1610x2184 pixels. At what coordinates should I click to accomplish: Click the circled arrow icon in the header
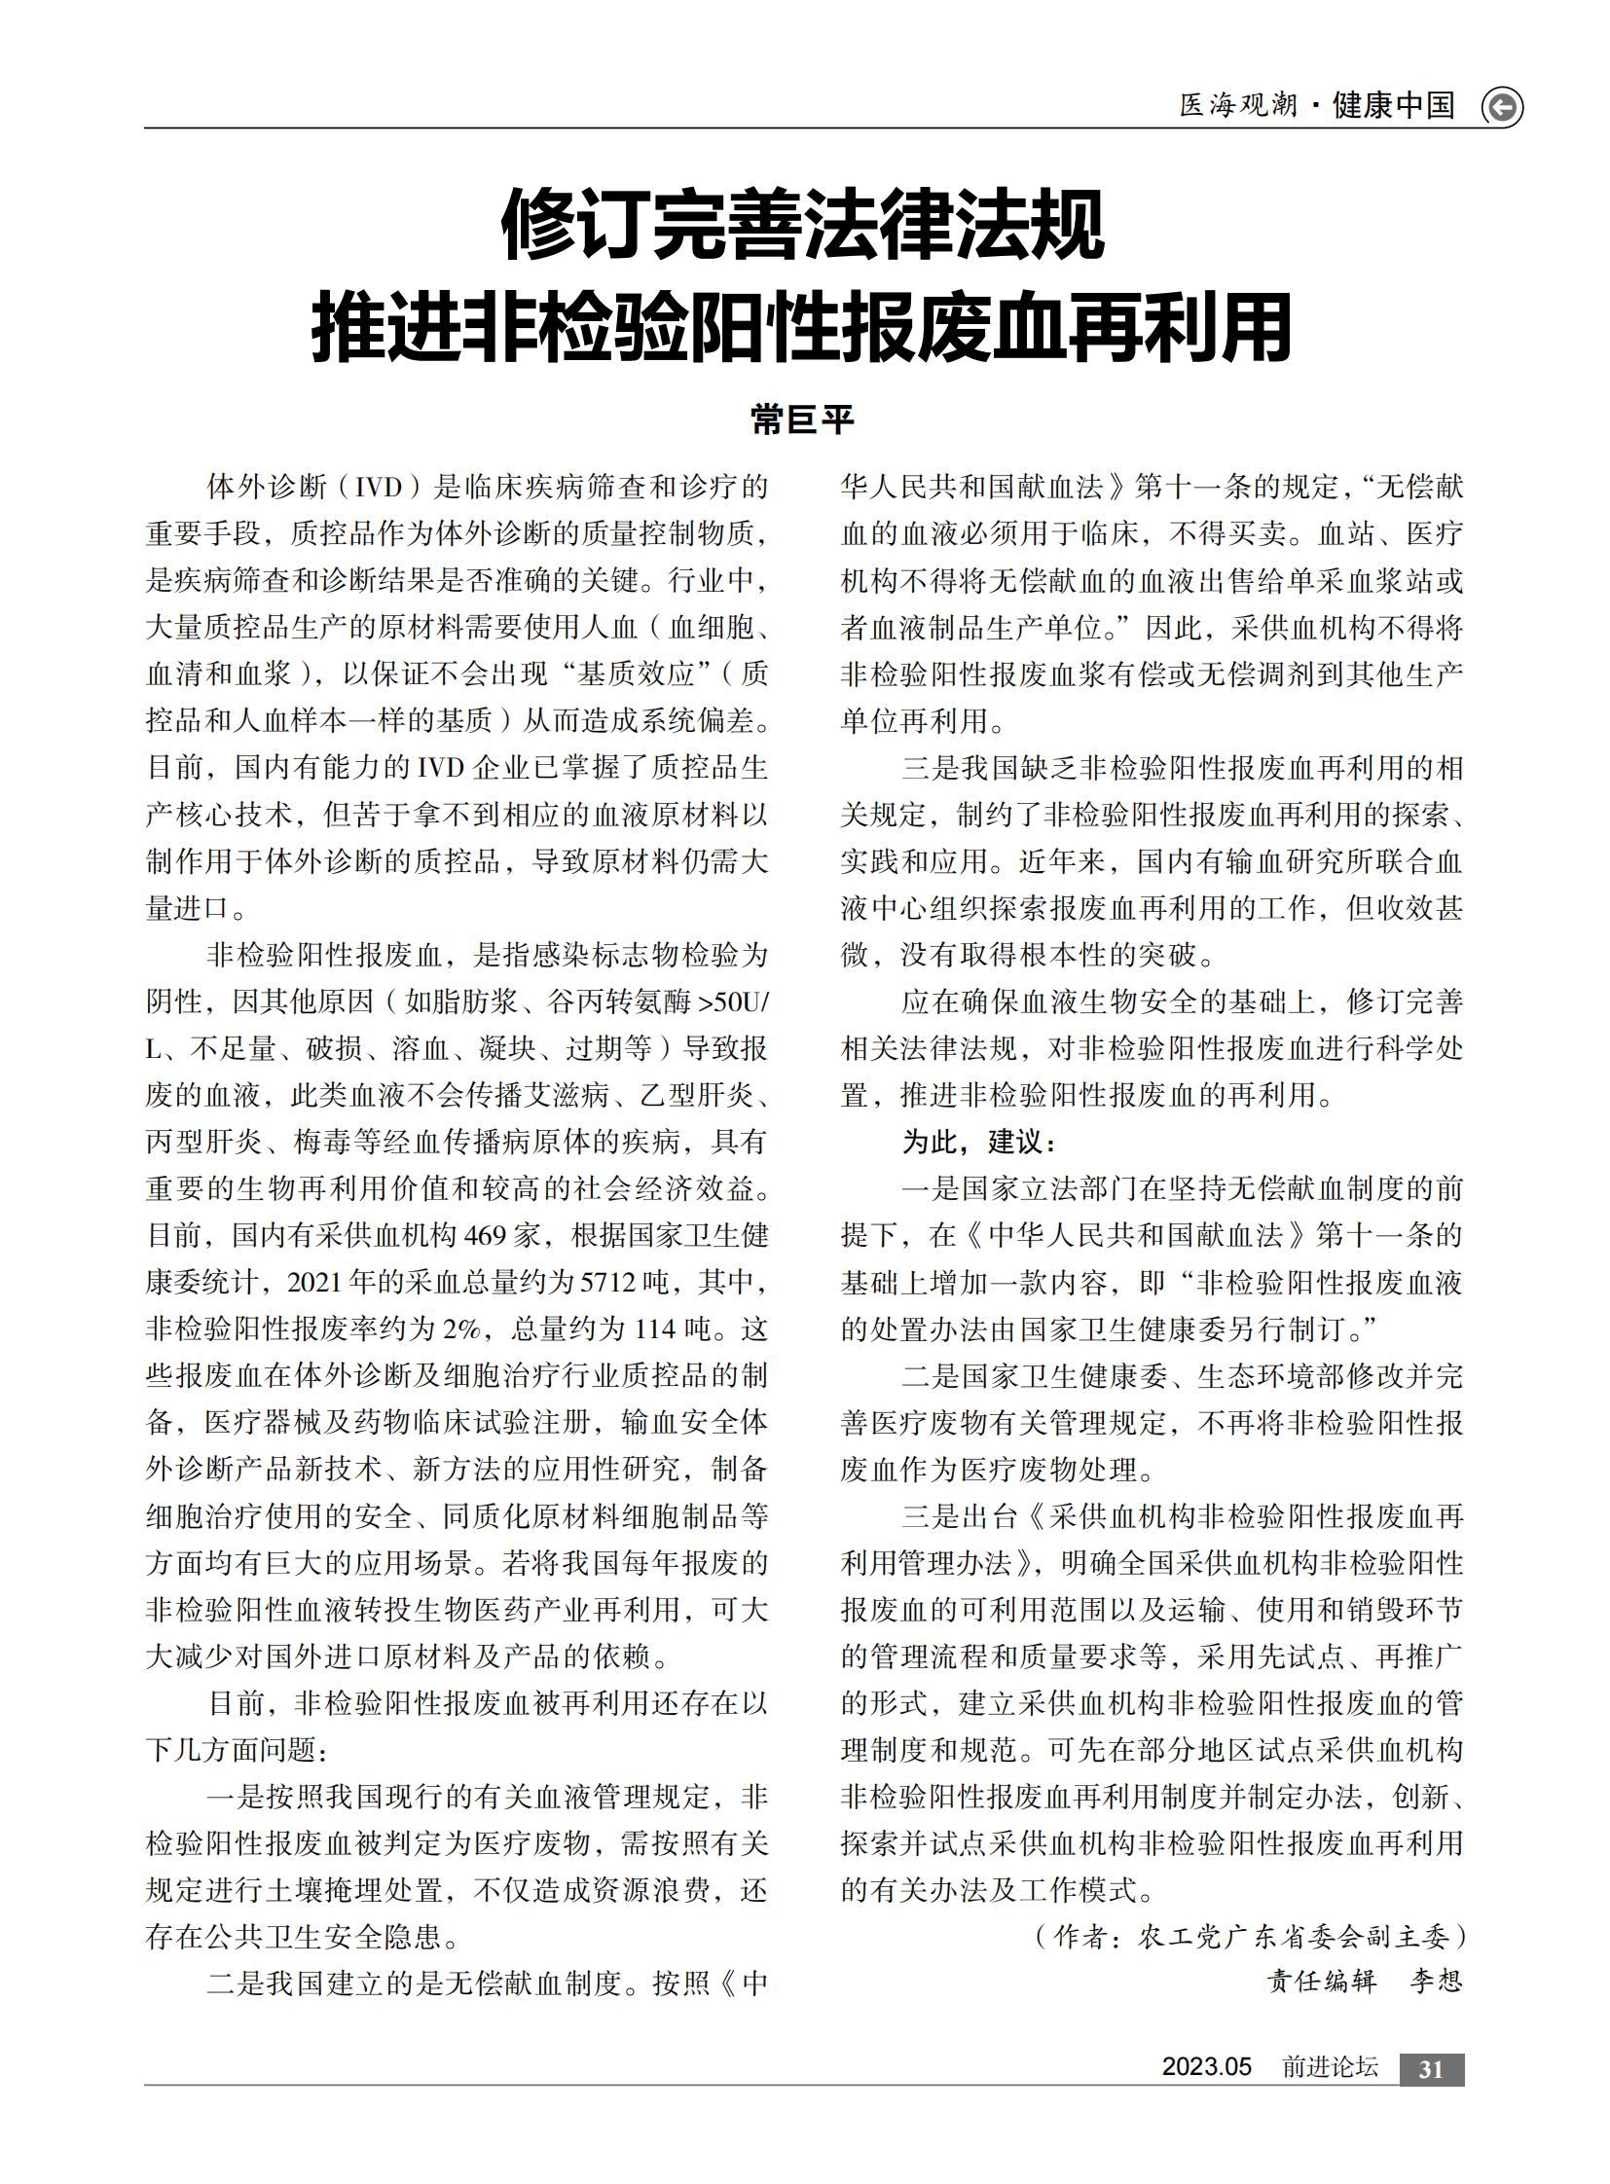pyautogui.click(x=1501, y=107)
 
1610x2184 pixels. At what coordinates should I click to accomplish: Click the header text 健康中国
pyautogui.click(x=1393, y=105)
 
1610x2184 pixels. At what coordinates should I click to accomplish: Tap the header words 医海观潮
pyautogui.click(x=1238, y=105)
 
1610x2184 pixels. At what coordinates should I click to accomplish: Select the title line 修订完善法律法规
pyautogui.click(x=803, y=226)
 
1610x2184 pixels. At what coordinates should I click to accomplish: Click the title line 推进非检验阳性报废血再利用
pyautogui.click(x=803, y=328)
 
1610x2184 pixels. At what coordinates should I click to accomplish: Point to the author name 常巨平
pyautogui.click(x=803, y=420)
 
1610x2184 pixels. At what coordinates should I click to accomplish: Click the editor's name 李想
pyautogui.click(x=1436, y=1982)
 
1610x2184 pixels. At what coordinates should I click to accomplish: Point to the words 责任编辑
pyautogui.click(x=1322, y=1982)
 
